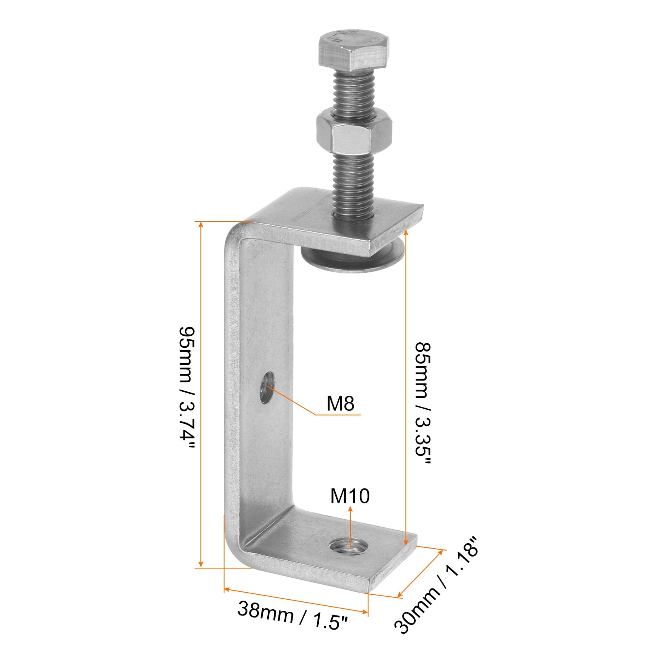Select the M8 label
point(340,403)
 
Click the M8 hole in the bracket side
point(266,388)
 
